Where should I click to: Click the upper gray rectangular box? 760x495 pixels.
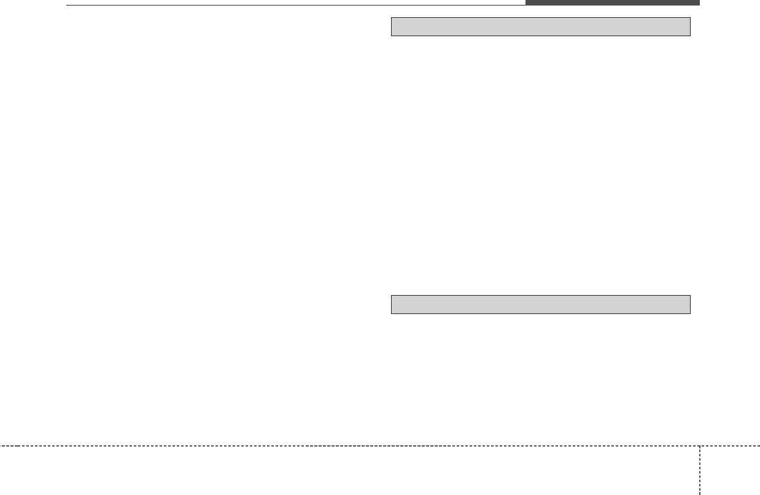pos(541,27)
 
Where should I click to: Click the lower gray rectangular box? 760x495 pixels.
pos(541,304)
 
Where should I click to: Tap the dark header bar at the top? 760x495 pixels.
pos(612,2)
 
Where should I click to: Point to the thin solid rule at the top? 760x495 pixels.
pos(295,6)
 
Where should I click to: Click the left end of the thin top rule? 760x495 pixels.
pos(66,6)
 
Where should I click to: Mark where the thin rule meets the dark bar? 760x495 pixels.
pos(525,6)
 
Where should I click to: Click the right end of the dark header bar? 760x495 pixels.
pos(699,2)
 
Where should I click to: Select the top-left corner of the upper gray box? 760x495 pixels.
pos(392,18)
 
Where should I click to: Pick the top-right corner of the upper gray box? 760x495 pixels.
pos(691,18)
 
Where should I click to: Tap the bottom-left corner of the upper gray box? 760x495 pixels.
pos(392,36)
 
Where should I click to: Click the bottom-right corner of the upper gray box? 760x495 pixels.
pos(691,36)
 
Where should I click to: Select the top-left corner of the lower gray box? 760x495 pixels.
pos(392,295)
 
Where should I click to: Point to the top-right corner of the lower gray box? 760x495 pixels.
pos(691,295)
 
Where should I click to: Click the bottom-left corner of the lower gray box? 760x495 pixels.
pos(392,313)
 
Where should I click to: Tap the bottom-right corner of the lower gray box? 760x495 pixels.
pos(691,313)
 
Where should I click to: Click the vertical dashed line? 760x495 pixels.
pos(700,470)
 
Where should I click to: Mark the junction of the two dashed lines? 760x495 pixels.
pos(700,445)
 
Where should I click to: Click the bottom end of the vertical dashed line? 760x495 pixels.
pos(700,494)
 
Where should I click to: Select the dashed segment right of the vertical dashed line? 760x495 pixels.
pos(730,445)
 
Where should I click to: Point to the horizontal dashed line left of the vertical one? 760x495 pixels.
pos(350,445)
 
